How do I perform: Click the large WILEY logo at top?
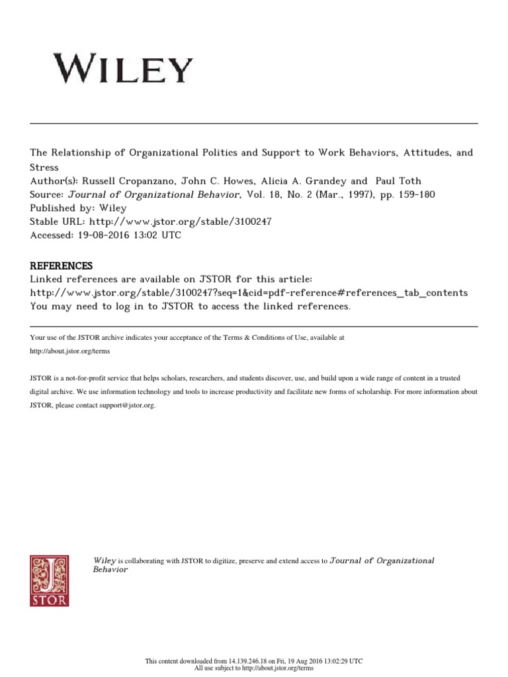(124, 69)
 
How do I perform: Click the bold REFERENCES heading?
(62, 265)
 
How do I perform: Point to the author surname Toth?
(407, 181)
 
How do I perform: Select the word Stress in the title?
(44, 167)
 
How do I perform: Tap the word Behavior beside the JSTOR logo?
(110, 569)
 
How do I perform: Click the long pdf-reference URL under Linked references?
(249, 292)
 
